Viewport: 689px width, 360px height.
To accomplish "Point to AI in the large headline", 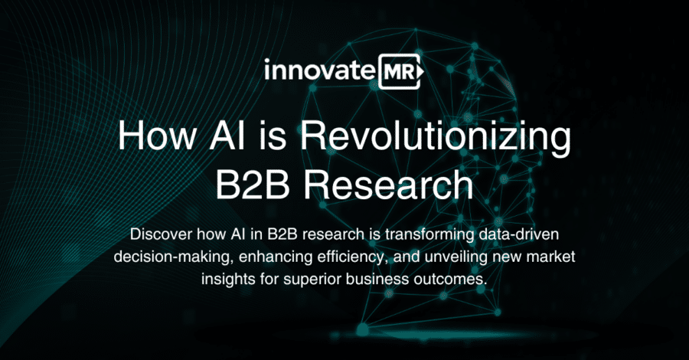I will click(x=227, y=137).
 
